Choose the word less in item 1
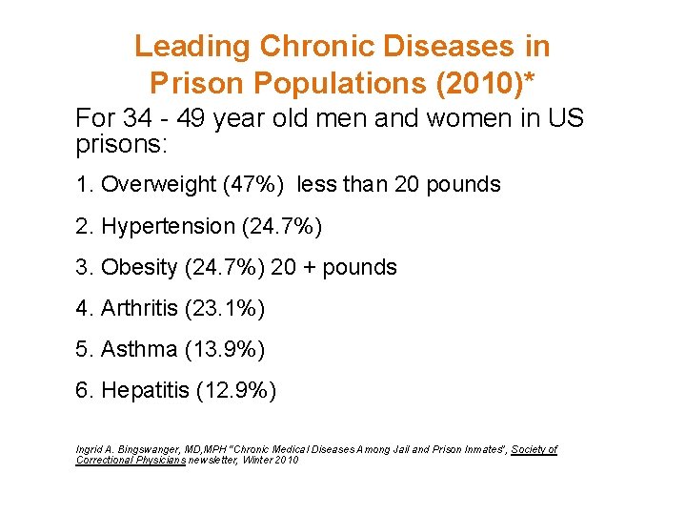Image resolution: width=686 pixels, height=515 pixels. coord(316,185)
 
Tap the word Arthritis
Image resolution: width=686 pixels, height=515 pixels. coord(137,309)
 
